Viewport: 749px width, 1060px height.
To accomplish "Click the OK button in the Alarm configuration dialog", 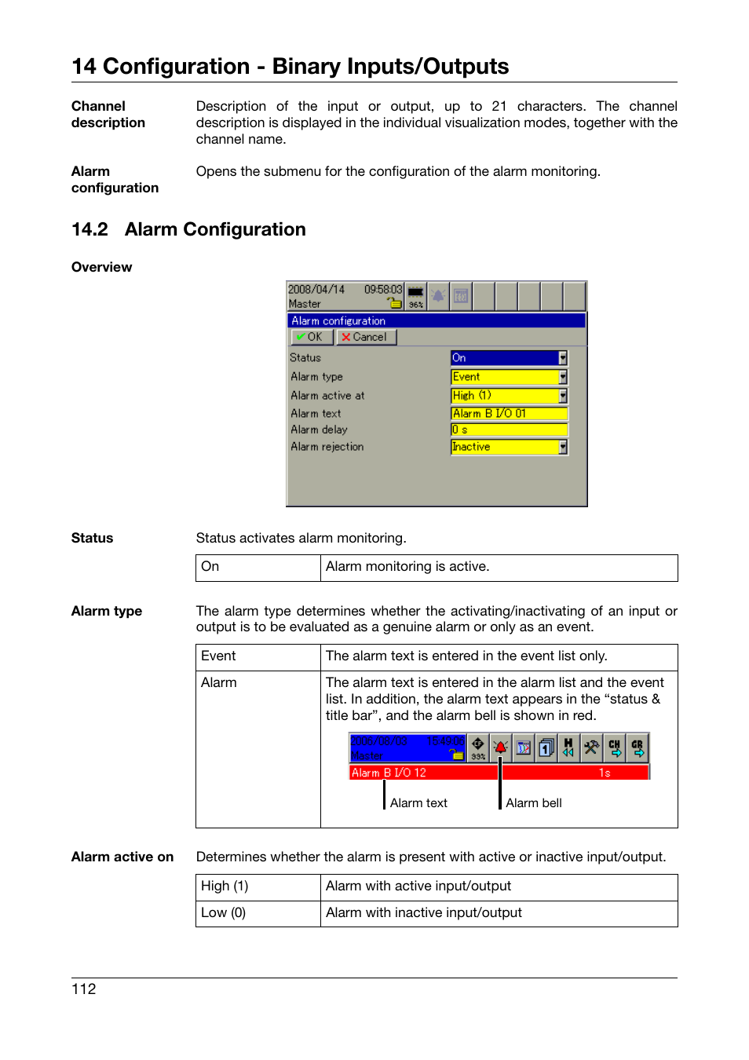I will tap(311, 337).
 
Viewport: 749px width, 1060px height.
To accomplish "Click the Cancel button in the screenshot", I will tap(367, 337).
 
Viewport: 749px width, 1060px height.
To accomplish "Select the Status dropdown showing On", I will tap(508, 358).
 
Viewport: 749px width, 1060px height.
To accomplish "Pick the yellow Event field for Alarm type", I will tap(508, 377).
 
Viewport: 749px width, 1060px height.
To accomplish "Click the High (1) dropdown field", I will tap(508, 396).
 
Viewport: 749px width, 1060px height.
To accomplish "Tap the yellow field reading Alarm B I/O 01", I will tap(508, 414).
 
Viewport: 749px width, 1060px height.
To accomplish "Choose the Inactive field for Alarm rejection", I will tap(508, 447).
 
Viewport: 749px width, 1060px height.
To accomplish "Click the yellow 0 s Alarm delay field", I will tap(508, 429).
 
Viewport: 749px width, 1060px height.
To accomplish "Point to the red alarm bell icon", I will tap(501, 747).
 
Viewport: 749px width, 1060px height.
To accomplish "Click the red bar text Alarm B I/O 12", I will tap(389, 773).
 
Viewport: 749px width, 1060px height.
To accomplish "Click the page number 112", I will tap(83, 989).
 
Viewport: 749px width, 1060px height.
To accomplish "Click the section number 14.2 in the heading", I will tap(90, 229).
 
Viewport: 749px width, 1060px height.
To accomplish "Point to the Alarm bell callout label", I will tap(533, 803).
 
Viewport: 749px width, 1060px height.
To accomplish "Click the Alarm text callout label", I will tap(418, 803).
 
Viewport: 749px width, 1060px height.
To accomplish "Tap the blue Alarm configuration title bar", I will tap(436, 320).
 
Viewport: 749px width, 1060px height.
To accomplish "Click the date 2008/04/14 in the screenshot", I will tap(316, 290).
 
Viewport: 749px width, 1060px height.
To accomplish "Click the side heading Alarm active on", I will tap(122, 857).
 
